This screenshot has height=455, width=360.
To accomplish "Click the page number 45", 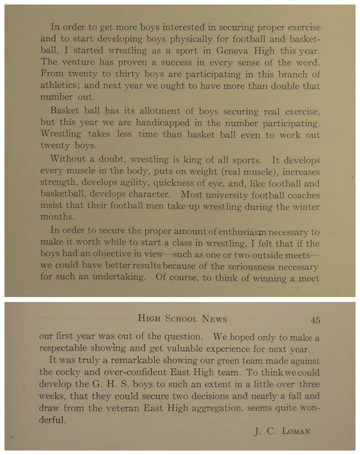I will [315, 320].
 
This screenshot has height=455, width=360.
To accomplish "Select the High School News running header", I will [182, 319].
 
